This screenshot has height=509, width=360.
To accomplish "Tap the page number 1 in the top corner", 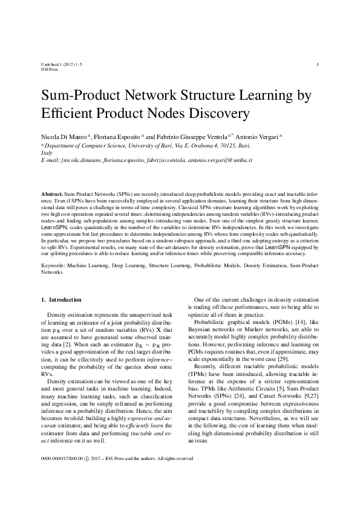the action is pos(318,64).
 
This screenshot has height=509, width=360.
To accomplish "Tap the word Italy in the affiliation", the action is pos(46,154).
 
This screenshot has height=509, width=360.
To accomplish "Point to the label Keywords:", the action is pos(53,265).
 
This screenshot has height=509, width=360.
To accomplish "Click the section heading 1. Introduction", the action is pos(61,299).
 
